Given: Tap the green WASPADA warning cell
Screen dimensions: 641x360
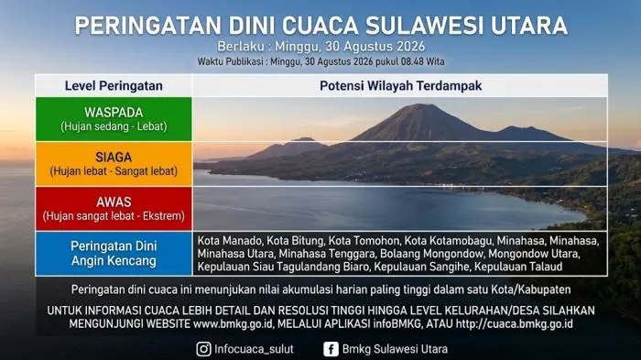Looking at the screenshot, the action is [x=114, y=119].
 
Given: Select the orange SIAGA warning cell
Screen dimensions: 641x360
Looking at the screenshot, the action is [x=114, y=164].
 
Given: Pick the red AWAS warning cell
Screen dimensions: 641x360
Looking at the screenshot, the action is [x=114, y=209].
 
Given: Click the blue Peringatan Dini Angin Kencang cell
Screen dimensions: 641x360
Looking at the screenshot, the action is [x=114, y=254].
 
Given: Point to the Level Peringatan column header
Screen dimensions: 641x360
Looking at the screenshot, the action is [x=114, y=86].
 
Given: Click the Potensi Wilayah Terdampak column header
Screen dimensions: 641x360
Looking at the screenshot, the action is [x=401, y=86].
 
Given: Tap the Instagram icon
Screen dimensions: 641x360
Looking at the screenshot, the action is [x=203, y=349].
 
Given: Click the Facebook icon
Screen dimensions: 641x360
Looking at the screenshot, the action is [x=331, y=349].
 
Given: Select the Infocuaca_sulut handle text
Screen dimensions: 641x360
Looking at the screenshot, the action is [x=254, y=349].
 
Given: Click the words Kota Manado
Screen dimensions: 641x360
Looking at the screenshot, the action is [x=229, y=241].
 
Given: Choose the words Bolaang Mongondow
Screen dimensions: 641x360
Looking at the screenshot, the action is [x=431, y=254].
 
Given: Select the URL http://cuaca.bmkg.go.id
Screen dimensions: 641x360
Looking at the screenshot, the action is [x=515, y=324].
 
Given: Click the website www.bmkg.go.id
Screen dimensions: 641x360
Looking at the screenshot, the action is [x=233, y=324].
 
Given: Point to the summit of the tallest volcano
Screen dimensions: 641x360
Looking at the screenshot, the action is [x=418, y=104].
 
